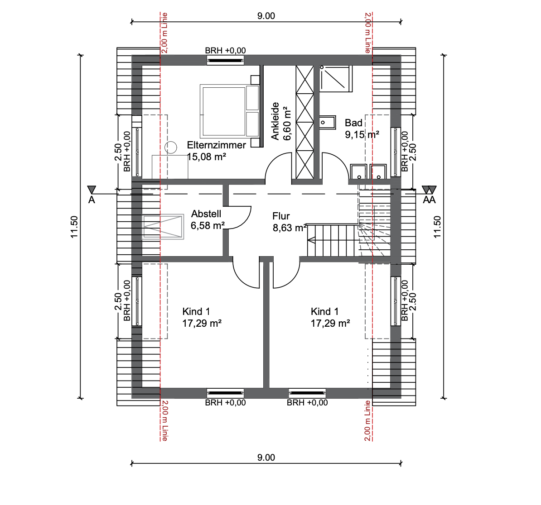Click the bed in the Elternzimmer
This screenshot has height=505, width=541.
click(x=229, y=110)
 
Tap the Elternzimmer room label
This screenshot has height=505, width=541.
click(x=216, y=145)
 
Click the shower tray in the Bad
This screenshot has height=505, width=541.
click(x=336, y=78)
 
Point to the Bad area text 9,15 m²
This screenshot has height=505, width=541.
click(x=362, y=134)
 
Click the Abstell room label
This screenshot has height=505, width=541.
click(x=206, y=214)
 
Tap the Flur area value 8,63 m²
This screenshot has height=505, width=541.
click(x=290, y=228)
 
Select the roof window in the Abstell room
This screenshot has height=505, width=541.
click(x=163, y=227)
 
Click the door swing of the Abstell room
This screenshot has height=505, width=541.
click(x=240, y=218)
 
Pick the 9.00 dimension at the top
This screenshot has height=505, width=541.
click(x=266, y=16)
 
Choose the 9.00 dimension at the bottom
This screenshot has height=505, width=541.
click(x=266, y=457)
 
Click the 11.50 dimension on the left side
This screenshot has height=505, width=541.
click(x=74, y=227)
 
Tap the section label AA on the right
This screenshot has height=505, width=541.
click(x=429, y=200)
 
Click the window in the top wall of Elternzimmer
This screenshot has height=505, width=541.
click(x=225, y=60)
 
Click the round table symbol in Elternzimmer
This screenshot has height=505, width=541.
click(x=171, y=147)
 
